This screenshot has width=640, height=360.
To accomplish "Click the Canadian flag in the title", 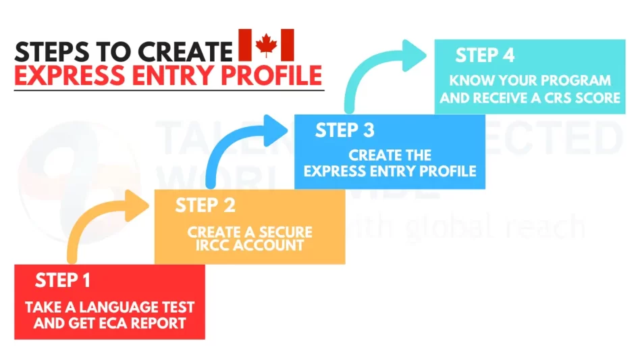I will click(x=266, y=45).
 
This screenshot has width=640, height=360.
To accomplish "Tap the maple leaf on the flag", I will click(x=266, y=45).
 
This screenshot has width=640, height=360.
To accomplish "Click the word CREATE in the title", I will click(x=185, y=52).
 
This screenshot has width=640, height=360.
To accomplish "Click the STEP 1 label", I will click(x=63, y=280).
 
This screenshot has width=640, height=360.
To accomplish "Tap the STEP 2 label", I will click(x=205, y=205).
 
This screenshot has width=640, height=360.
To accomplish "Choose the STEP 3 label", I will click(x=344, y=130).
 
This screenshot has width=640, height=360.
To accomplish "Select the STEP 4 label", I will click(x=485, y=55).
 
